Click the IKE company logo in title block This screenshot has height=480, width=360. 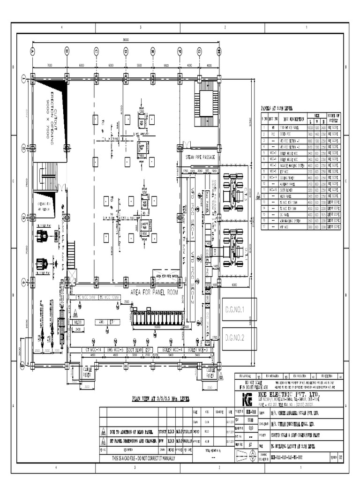pyautogui.click(x=247, y=399)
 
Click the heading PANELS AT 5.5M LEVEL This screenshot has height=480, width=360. pyautogui.click(x=277, y=108)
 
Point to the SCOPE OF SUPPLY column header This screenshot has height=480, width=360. pyautogui.click(x=333, y=117)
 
